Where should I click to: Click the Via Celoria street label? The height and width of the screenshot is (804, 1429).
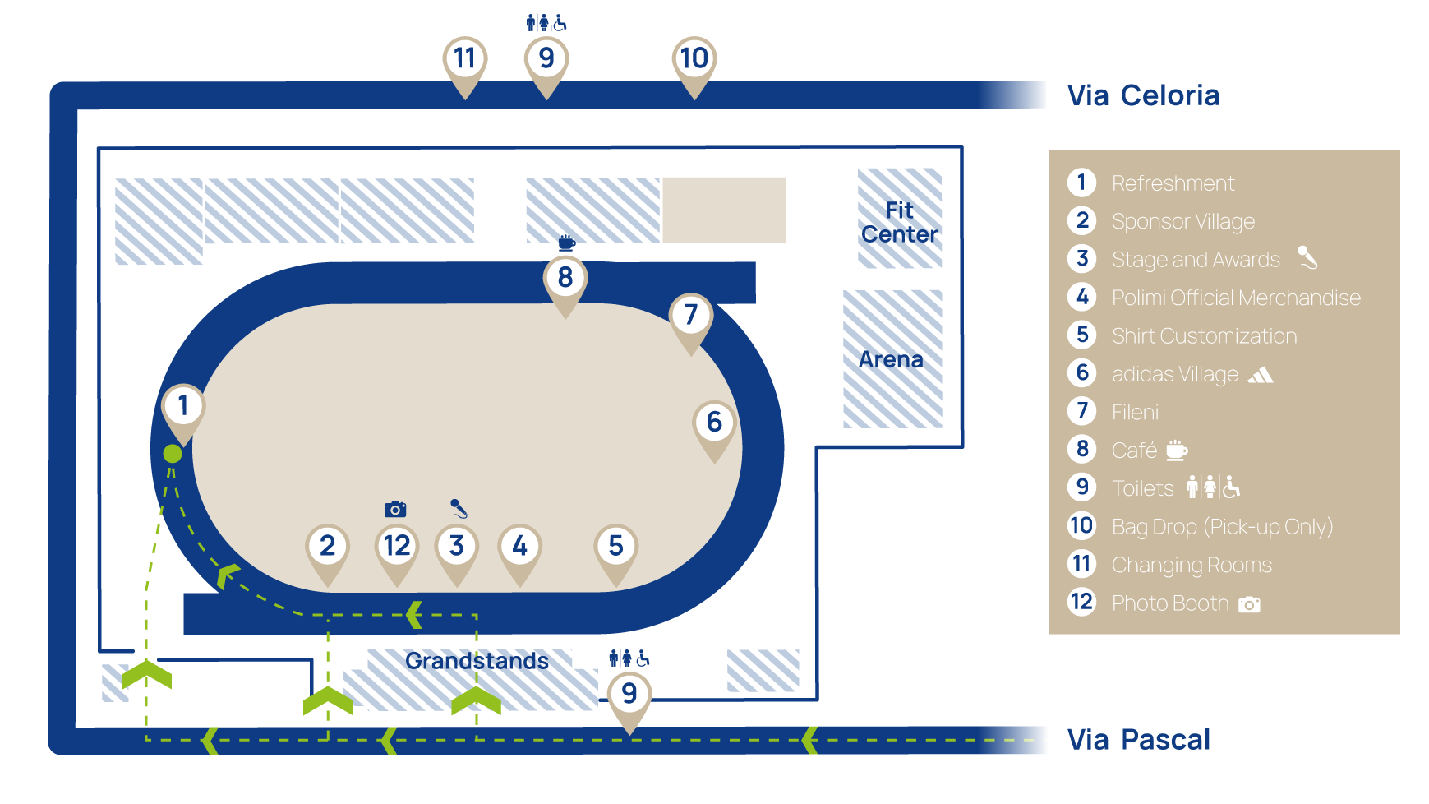[x=1143, y=95]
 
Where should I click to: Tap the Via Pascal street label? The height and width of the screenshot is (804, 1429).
[x=1138, y=740]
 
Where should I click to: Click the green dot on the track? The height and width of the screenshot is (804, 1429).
[x=173, y=454]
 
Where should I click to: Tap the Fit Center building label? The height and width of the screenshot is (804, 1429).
[x=900, y=222]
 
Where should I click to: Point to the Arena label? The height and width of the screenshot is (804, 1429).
[x=891, y=360]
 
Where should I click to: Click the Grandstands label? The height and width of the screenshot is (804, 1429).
[x=477, y=661]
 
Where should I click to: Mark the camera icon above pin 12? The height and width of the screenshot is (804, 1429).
[x=395, y=510]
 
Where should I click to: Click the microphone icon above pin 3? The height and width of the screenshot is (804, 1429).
[x=459, y=508]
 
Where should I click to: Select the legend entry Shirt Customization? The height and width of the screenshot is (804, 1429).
[x=1204, y=336]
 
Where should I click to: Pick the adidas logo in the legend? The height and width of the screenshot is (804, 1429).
[x=1261, y=376]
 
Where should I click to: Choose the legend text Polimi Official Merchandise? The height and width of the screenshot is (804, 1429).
[x=1236, y=298]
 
